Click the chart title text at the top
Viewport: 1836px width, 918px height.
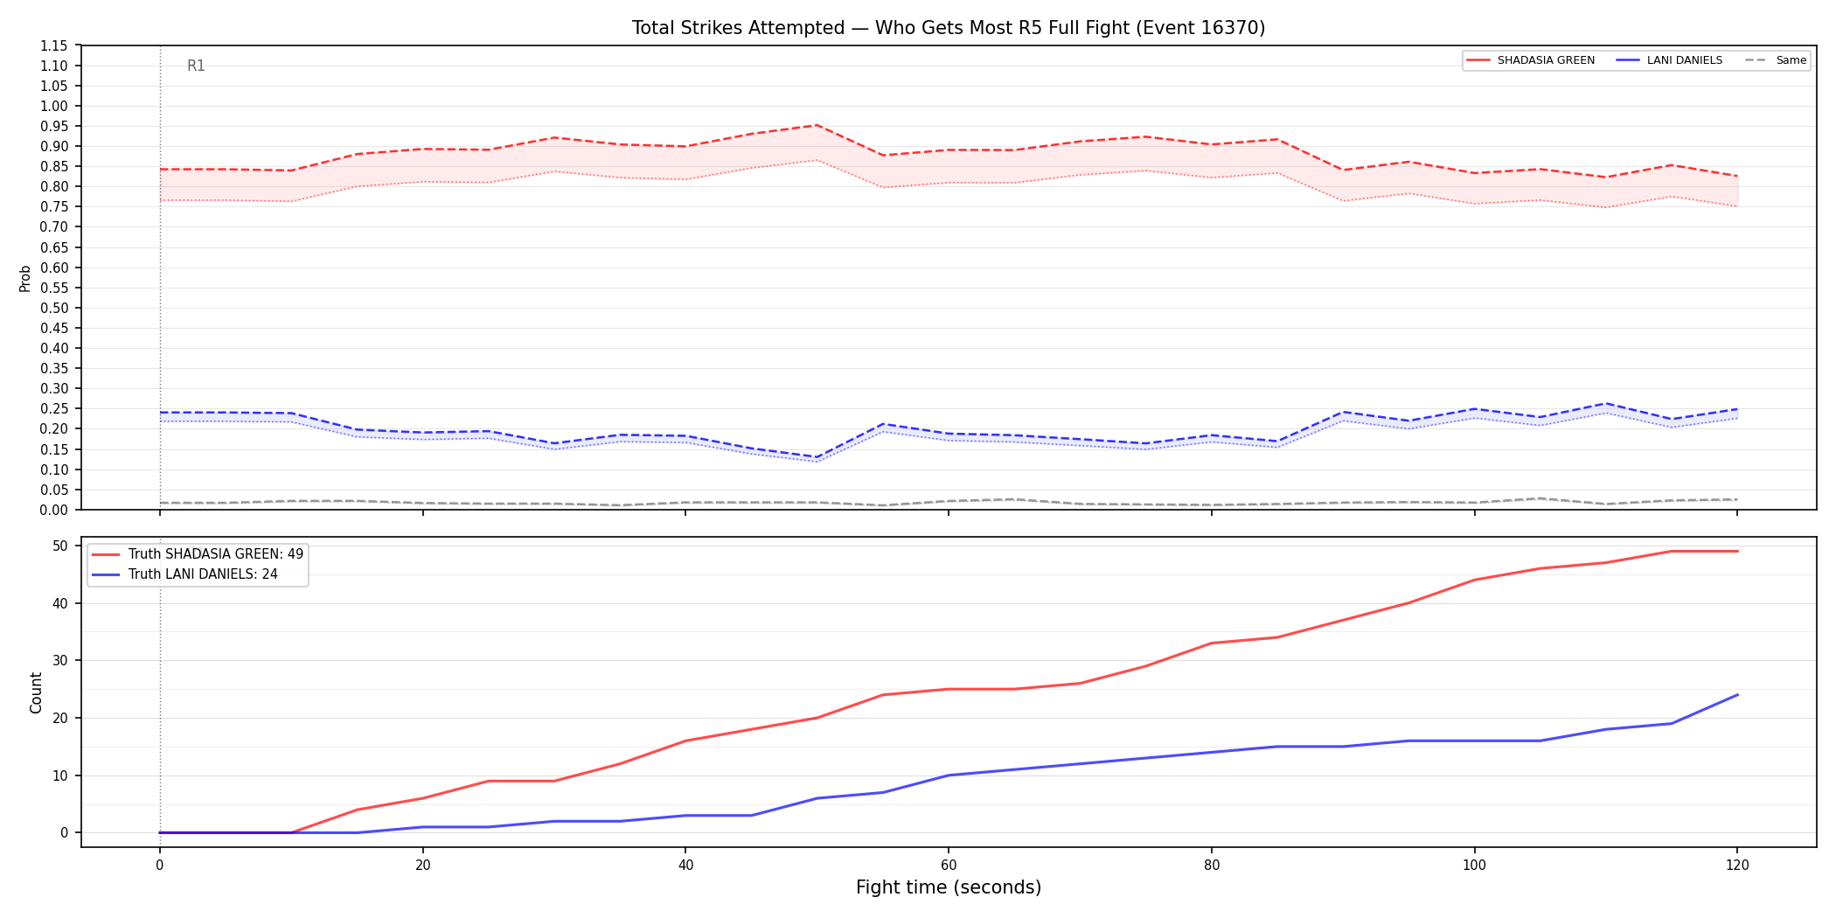click(949, 28)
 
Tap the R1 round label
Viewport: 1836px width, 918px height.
click(196, 66)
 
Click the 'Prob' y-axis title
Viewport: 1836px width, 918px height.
click(25, 278)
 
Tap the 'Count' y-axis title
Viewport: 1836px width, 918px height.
click(36, 692)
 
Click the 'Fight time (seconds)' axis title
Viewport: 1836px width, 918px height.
click(949, 887)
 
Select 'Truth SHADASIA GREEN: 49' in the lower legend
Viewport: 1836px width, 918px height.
click(216, 554)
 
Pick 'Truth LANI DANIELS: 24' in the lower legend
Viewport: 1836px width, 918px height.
click(203, 574)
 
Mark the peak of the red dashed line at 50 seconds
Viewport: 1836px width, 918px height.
click(817, 125)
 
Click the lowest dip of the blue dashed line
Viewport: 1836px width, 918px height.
click(817, 457)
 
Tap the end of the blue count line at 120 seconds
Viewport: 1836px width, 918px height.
click(1737, 695)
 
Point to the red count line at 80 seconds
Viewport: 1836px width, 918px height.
click(1211, 643)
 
